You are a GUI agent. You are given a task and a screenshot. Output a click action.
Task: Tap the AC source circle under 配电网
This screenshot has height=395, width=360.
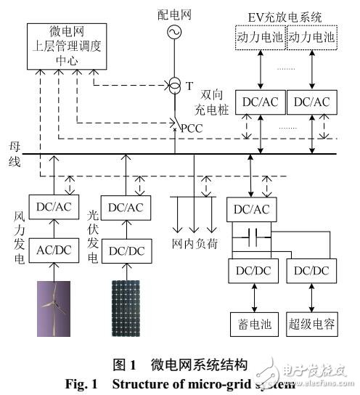[175, 32]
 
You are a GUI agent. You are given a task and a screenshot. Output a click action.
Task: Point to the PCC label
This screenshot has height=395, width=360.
[192, 129]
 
